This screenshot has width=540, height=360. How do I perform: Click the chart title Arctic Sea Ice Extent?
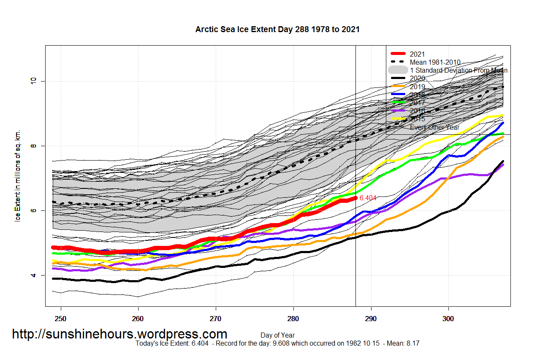(277, 29)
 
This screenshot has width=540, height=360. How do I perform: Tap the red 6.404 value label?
(367, 197)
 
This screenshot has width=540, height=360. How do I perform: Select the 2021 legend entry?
(417, 54)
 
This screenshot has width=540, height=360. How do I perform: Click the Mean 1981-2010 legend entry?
(435, 62)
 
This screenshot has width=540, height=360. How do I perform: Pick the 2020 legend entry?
(417, 79)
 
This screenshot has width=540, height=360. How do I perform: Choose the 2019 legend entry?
(417, 87)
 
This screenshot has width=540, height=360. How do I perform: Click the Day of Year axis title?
(277, 335)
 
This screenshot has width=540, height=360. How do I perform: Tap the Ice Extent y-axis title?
(18, 176)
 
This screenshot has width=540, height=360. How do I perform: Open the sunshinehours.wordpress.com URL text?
(119, 334)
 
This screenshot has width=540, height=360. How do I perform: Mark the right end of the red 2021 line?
(355, 198)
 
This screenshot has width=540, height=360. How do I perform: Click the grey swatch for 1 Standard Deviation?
(398, 70)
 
